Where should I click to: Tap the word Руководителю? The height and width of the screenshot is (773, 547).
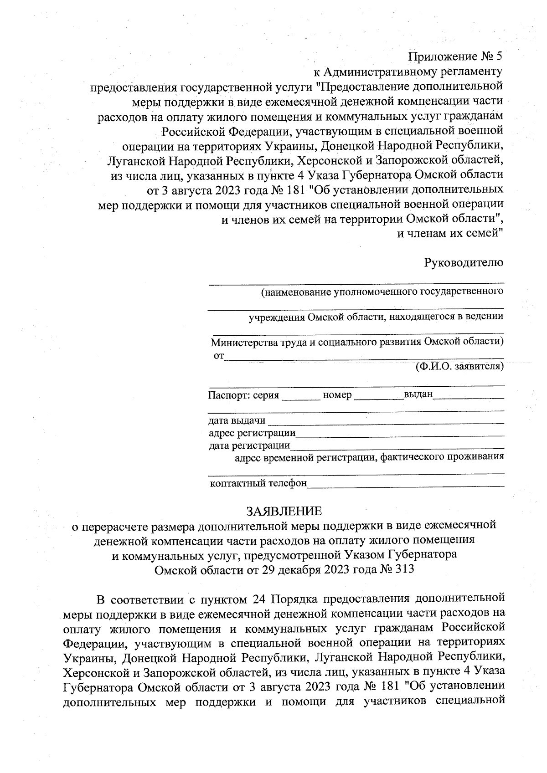[x=464, y=262]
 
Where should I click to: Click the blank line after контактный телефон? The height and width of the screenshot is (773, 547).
[x=406, y=485]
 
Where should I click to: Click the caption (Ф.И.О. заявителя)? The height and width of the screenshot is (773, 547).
[x=459, y=366]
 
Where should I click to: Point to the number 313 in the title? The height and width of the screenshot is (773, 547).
[x=405, y=569]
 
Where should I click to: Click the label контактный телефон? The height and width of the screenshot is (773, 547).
[x=258, y=483]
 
